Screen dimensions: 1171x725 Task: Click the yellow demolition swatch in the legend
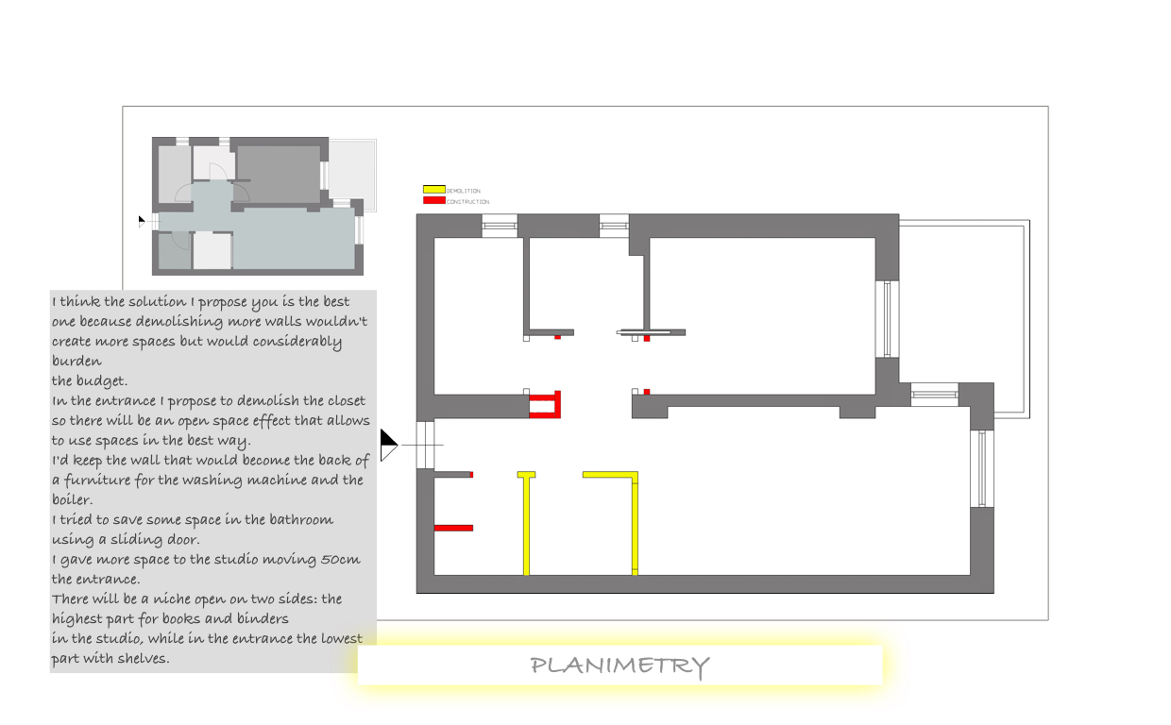[433, 190]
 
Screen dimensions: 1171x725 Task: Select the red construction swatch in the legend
[433, 200]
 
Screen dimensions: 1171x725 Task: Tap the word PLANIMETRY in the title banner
[619, 666]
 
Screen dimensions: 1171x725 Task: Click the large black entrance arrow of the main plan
[388, 445]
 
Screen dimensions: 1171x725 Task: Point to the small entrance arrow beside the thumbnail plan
[142, 221]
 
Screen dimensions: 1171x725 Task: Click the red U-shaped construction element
[546, 405]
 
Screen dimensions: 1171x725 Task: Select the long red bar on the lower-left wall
[453, 528]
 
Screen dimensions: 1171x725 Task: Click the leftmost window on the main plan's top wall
[500, 226]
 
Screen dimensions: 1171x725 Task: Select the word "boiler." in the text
[72, 500]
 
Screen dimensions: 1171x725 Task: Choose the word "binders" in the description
[262, 619]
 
